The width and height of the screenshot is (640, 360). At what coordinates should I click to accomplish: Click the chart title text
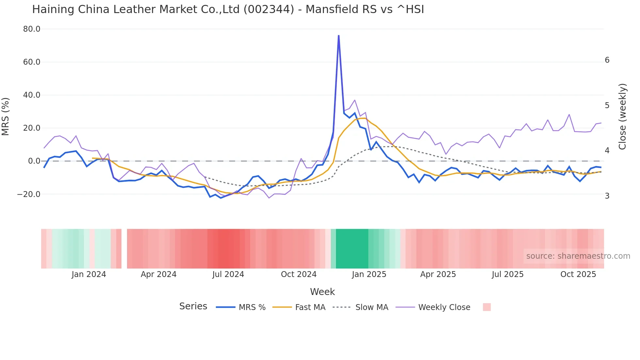228,9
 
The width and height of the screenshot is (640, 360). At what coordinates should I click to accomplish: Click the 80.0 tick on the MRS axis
32,29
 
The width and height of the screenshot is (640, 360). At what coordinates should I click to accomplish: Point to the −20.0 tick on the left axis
29,194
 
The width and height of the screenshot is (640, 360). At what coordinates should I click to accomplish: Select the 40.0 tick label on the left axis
32,95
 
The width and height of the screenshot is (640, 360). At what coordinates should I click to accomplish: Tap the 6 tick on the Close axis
607,60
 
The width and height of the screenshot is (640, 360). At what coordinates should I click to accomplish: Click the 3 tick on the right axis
607,196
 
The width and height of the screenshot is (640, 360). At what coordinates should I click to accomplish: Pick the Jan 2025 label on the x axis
369,274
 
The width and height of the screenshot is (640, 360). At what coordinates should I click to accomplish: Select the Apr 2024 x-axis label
158,274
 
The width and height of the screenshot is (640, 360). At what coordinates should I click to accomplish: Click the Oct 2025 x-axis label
578,274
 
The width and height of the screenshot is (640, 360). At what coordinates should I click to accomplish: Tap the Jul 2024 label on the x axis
228,274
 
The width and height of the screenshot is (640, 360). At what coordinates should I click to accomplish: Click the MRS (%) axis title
6,116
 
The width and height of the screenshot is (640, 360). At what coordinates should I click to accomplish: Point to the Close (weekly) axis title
622,116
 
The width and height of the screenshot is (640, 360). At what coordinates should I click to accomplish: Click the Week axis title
322,292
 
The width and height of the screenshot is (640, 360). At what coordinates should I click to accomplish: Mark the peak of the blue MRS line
339,36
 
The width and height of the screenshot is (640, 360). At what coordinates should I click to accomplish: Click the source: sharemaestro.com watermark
578,256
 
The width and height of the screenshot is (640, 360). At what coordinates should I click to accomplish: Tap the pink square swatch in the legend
487,307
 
